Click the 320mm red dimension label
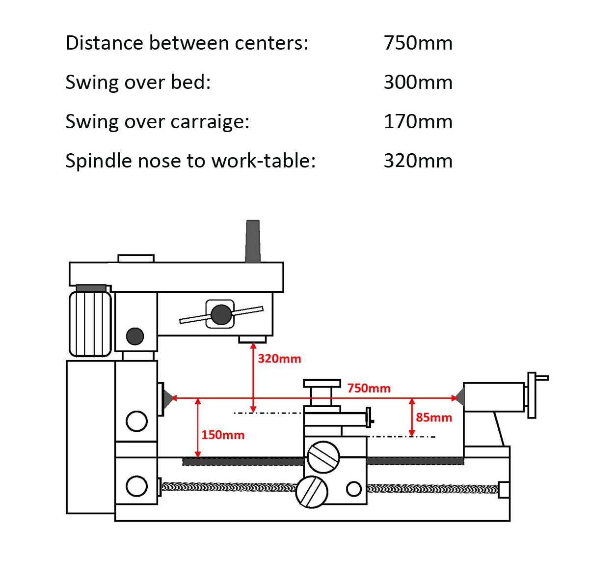click(279, 359)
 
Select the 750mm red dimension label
click(369, 388)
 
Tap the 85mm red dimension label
click(433, 418)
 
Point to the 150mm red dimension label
click(222, 435)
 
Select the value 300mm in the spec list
click(418, 83)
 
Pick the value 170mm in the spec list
click(418, 122)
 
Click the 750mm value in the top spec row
click(418, 43)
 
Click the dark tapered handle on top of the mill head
click(253, 241)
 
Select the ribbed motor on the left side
click(90, 323)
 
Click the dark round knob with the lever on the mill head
click(221, 314)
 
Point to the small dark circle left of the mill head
click(135, 336)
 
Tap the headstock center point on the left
click(168, 397)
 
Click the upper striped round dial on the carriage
click(323, 457)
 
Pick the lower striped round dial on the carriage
click(312, 492)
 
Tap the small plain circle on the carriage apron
click(354, 489)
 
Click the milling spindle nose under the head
click(252, 339)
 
